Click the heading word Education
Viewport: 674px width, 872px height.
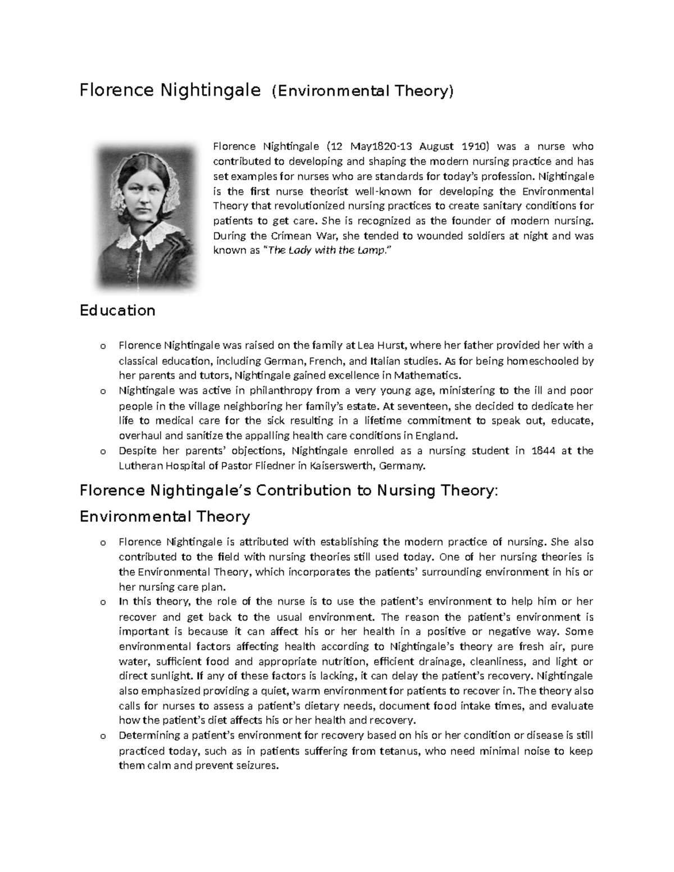tap(117, 311)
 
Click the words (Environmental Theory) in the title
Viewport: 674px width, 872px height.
tap(362, 91)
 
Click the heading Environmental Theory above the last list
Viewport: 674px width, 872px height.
tap(165, 517)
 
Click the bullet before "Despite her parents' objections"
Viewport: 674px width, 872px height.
tap(102, 451)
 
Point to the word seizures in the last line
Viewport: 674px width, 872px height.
tap(258, 766)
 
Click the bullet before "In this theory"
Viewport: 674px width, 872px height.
tap(102, 602)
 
